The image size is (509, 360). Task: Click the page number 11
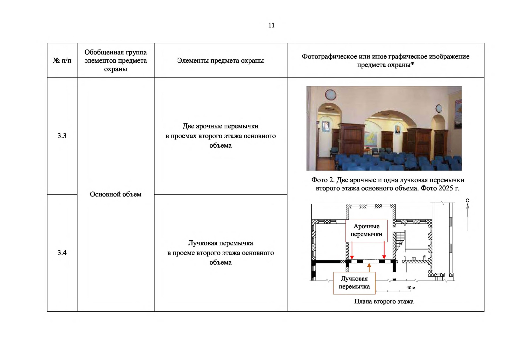[x=271, y=25]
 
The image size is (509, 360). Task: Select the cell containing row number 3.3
[x=62, y=136]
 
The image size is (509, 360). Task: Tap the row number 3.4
[x=62, y=253]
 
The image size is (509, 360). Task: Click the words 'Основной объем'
[x=115, y=194]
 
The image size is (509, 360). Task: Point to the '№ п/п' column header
[x=62, y=61]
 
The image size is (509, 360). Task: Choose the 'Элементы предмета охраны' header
[x=220, y=61]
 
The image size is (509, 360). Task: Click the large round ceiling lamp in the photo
[x=330, y=94]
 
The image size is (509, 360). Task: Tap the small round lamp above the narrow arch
[x=439, y=108]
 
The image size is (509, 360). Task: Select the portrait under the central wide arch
[x=397, y=130]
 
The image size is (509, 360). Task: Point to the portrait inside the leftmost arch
[x=325, y=126]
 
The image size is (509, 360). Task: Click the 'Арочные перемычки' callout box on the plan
[x=366, y=230]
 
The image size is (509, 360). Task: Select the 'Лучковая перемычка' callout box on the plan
[x=354, y=283]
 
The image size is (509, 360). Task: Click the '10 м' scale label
[x=411, y=288]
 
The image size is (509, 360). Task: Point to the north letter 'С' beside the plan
[x=467, y=200]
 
